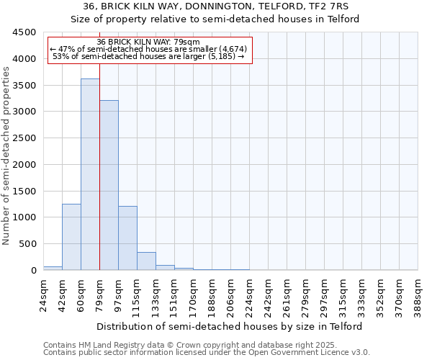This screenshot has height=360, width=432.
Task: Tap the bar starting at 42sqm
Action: point(71,237)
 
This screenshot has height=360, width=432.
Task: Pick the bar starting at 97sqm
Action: point(127,238)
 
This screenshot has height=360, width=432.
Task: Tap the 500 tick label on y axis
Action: point(27,244)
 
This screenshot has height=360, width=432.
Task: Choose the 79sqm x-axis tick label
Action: point(100,292)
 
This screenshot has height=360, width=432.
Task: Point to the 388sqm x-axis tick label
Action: point(418,294)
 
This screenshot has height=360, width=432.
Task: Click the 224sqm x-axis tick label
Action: point(250,294)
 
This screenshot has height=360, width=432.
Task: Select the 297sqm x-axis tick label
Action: point(325,294)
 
